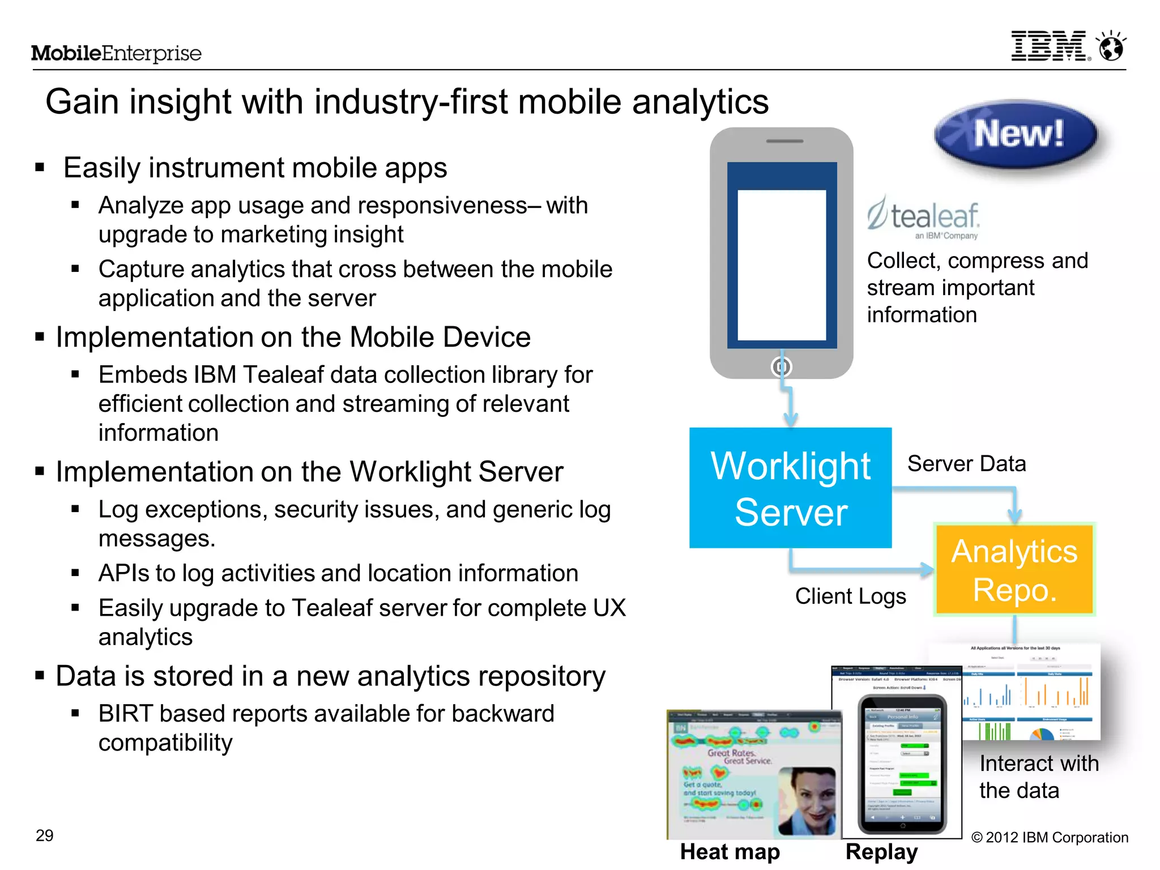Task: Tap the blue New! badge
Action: pyautogui.click(x=1017, y=135)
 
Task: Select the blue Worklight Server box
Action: pyautogui.click(x=790, y=488)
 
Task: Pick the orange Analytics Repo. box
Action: pyautogui.click(x=1014, y=570)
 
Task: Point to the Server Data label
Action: pyautogui.click(x=966, y=464)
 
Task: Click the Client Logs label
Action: pyautogui.click(x=850, y=596)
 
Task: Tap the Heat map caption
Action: pyautogui.click(x=730, y=852)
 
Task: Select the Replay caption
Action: pyautogui.click(x=881, y=852)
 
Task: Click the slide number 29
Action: pyautogui.click(x=44, y=835)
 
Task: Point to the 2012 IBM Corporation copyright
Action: pyautogui.click(x=1050, y=838)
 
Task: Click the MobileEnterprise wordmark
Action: pyautogui.click(x=116, y=53)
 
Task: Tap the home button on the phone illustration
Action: pyautogui.click(x=782, y=367)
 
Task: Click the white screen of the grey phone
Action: pyautogui.click(x=782, y=265)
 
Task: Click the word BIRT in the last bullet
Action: pyautogui.click(x=126, y=714)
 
